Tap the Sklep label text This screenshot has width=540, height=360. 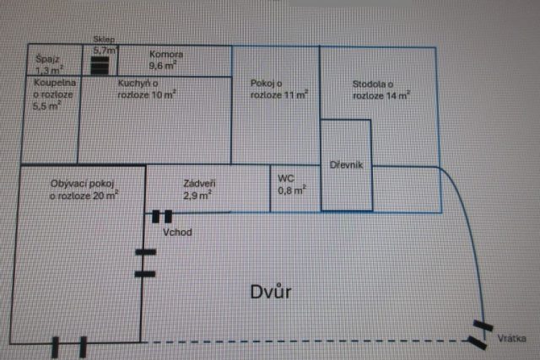(104, 40)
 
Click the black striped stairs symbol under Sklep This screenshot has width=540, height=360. (100, 66)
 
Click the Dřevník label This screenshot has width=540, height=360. (347, 164)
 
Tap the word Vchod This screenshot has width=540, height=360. (178, 232)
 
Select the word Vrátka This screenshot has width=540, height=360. (512, 338)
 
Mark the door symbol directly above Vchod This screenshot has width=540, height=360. (161, 217)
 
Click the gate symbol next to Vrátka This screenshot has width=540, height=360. (481, 334)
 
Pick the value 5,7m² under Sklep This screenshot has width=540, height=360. (104, 51)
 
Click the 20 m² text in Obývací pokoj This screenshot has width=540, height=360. (105, 196)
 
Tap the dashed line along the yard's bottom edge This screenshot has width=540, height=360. (304, 341)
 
